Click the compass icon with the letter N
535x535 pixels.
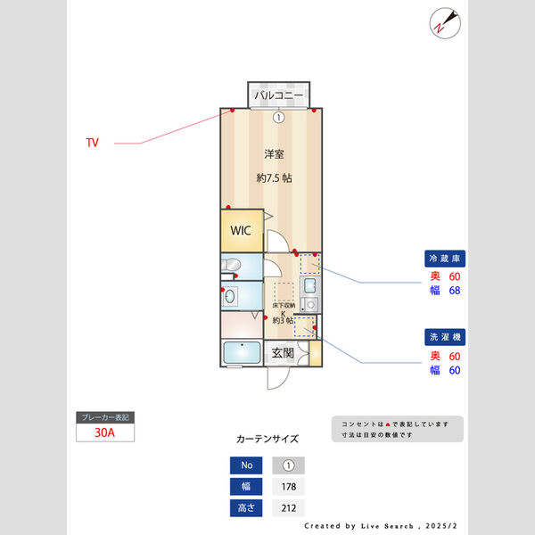443,21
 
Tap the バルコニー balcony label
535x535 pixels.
278,95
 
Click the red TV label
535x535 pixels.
93,143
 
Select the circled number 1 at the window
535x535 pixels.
278,117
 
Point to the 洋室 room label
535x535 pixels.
274,153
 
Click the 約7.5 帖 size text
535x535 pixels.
274,177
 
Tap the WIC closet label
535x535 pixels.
241,230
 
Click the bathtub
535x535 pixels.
242,353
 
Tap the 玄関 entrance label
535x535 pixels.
283,354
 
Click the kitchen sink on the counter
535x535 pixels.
309,286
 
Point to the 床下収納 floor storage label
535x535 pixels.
283,306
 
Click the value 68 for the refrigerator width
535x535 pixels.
454,291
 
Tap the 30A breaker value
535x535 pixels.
105,432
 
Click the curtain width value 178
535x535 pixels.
288,487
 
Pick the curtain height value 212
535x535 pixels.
288,508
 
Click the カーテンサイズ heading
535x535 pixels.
267,439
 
